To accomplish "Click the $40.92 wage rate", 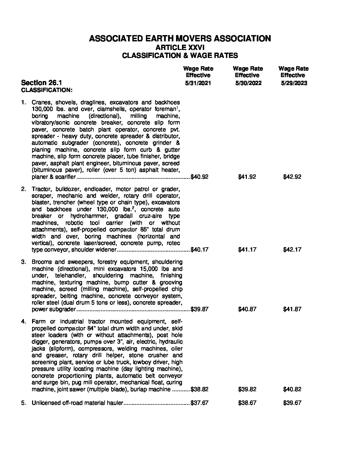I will pyautogui.click(x=200, y=177).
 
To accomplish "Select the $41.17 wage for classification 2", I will pyautogui.click(x=247, y=250).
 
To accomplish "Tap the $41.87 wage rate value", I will pyautogui.click(x=292, y=309).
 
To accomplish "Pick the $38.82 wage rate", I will pyautogui.click(x=200, y=389).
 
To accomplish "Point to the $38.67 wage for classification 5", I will pyautogui.click(x=247, y=403).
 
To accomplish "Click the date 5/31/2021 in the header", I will pyautogui.click(x=198, y=83).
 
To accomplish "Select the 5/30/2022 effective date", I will pyautogui.click(x=248, y=83).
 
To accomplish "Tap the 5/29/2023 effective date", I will pyautogui.click(x=294, y=83).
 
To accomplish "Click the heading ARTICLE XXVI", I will pyautogui.click(x=180, y=47).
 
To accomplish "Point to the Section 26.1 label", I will pyautogui.click(x=41, y=82).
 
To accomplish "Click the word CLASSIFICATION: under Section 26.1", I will pyautogui.click(x=47, y=90).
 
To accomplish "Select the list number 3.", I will pyautogui.click(x=23, y=262).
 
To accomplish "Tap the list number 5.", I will pyautogui.click(x=23, y=403).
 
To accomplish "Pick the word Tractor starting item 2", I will pyautogui.click(x=41, y=189).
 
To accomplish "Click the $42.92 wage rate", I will pyautogui.click(x=292, y=177).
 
